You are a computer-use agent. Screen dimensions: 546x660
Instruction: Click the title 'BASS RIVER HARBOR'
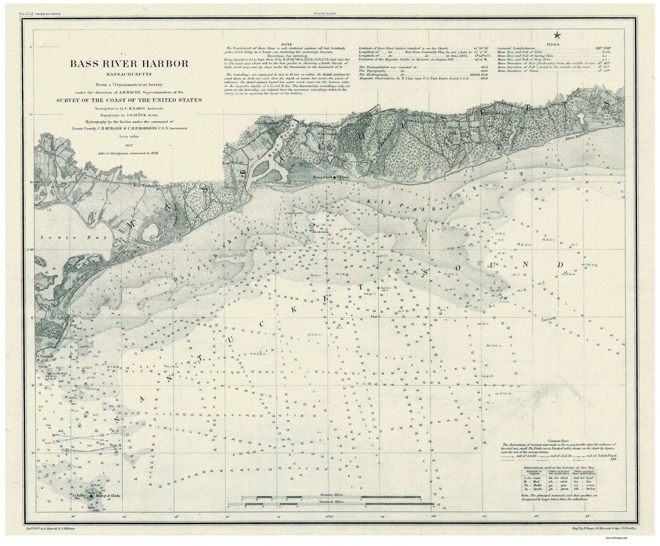(x=129, y=64)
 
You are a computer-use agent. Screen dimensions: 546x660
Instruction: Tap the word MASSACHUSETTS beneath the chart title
(x=129, y=75)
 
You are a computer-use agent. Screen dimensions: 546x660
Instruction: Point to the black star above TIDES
(x=557, y=36)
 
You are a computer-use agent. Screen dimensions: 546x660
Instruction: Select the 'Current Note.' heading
(x=559, y=441)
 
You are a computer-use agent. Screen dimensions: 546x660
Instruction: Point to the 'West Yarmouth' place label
(x=146, y=186)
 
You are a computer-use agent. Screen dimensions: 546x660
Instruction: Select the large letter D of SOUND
(x=560, y=265)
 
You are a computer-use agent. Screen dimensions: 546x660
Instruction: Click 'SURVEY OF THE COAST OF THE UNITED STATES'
(x=129, y=100)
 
